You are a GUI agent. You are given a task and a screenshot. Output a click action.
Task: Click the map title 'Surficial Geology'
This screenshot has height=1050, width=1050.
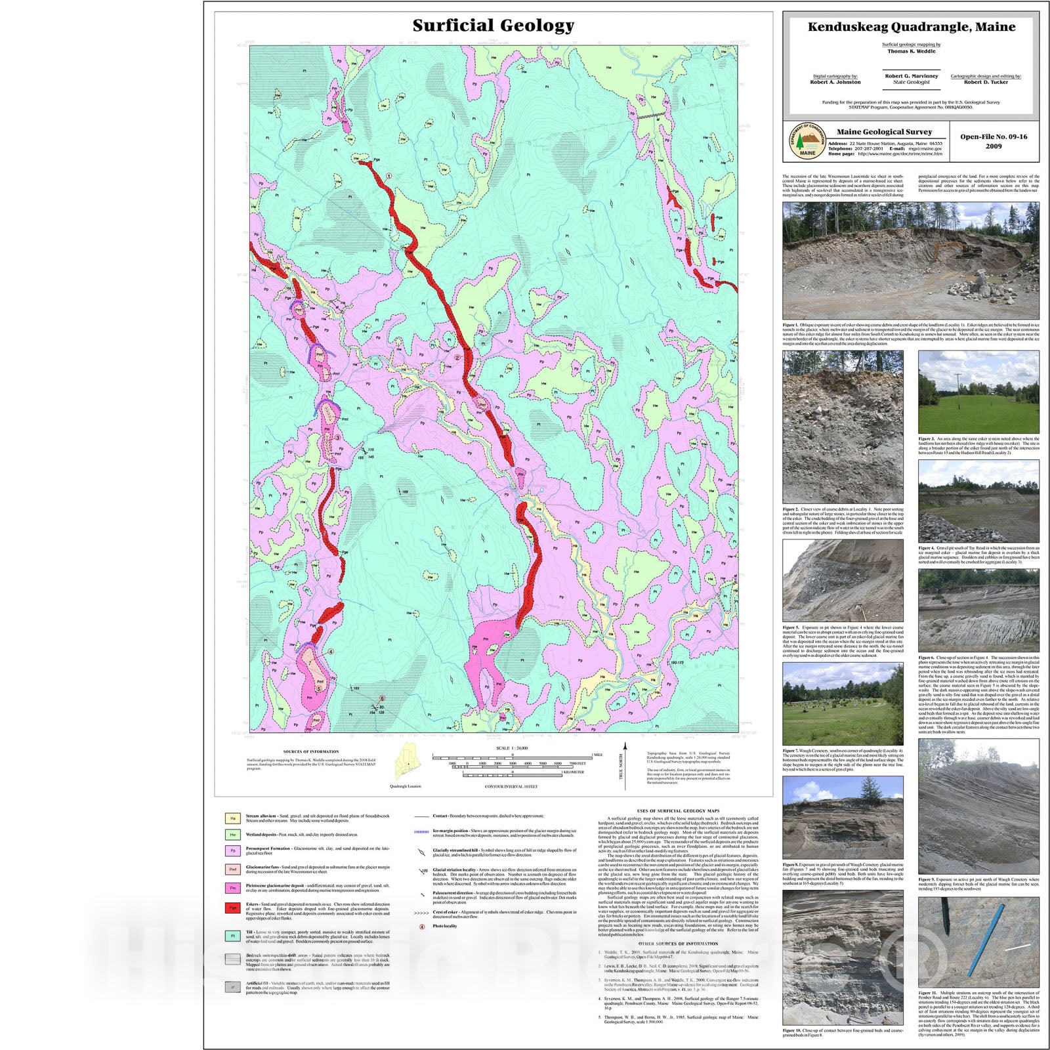[493, 26]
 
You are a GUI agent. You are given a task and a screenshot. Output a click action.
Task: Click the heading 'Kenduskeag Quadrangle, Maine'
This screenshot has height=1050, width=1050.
[911, 27]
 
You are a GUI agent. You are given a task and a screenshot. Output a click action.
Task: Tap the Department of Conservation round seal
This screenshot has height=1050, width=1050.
[807, 140]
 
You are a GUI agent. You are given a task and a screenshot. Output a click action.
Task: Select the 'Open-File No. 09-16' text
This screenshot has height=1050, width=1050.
[994, 136]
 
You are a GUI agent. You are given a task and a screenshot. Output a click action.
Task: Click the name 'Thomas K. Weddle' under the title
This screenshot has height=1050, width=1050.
[911, 51]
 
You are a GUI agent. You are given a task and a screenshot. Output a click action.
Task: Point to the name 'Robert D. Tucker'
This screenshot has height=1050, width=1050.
[986, 82]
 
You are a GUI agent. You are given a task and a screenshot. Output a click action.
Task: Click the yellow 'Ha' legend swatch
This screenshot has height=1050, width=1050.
[233, 818]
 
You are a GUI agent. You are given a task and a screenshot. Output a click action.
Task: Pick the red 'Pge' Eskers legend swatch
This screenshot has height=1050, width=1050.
[233, 908]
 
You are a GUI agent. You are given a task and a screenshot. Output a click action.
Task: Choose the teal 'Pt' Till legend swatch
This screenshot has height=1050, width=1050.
[233, 936]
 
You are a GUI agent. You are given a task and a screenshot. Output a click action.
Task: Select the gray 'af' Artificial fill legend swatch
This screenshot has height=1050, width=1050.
[233, 986]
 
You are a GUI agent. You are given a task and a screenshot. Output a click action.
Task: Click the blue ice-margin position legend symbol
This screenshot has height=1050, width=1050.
[421, 832]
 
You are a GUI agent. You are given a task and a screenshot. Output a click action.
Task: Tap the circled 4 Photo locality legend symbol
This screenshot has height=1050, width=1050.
[421, 927]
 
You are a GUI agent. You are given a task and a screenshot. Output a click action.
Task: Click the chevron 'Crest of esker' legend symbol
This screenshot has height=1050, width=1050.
[421, 913]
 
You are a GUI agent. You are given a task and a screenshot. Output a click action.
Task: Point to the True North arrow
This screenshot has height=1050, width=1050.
[625, 765]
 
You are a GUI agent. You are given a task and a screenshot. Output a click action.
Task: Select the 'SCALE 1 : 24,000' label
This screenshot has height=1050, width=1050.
[512, 748]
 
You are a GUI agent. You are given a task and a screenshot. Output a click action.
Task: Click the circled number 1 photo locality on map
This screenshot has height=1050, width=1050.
[389, 176]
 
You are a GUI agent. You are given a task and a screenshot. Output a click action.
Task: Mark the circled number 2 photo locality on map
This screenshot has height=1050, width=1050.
[457, 358]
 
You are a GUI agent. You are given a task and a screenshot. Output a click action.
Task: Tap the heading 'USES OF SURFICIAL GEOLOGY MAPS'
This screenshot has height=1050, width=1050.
[678, 811]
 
